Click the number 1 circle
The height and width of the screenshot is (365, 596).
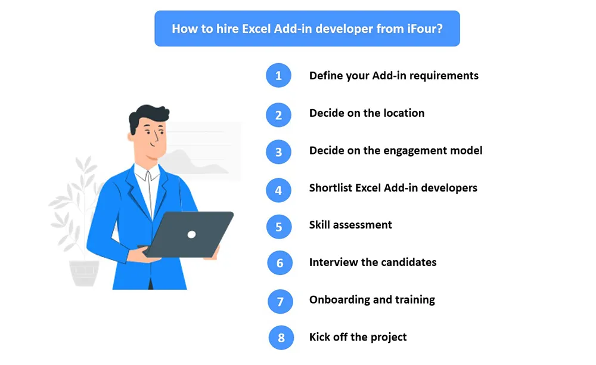278,75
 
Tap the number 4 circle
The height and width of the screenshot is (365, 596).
278,190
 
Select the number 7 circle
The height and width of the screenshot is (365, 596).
280,302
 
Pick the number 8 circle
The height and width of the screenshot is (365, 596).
281,338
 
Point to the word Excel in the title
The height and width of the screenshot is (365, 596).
256,29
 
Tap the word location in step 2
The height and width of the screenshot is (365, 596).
403,113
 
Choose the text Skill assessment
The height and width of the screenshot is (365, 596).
350,225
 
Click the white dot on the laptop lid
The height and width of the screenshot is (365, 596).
191,234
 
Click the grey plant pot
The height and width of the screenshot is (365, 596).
85,273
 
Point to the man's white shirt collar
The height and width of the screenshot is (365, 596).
147,174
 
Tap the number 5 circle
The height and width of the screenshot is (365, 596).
279,227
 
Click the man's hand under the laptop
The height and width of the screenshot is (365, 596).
142,254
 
